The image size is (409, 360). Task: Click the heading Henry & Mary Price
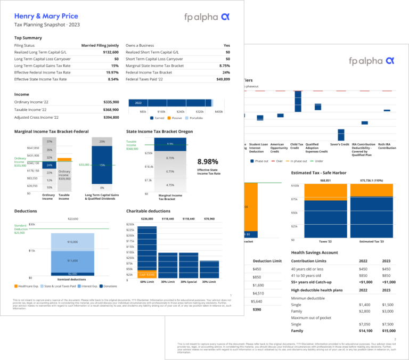click(x=46, y=17)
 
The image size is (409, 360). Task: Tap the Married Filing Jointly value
click(x=100, y=46)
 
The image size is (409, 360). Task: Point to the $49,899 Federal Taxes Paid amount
click(x=223, y=79)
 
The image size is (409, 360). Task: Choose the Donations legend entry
click(x=108, y=286)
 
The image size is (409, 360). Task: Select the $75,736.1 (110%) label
click(x=371, y=181)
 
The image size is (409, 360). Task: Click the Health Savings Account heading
click(x=315, y=252)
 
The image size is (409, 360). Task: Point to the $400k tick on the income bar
click(x=218, y=112)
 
